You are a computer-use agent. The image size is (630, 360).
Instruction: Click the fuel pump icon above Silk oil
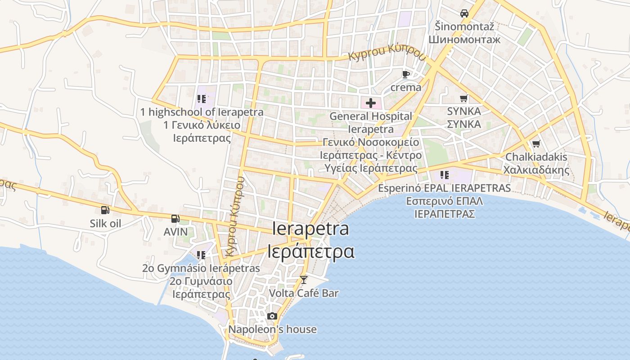click(x=105, y=210)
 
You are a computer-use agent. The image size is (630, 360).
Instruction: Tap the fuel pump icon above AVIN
click(x=175, y=219)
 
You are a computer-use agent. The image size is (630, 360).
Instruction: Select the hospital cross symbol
click(x=371, y=103)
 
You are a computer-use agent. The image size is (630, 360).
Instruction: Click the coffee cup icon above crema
click(x=406, y=74)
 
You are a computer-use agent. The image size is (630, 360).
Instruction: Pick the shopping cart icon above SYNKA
click(x=464, y=98)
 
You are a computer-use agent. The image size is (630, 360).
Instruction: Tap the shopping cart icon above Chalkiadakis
click(x=536, y=144)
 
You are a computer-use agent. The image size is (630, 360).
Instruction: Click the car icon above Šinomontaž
click(x=464, y=13)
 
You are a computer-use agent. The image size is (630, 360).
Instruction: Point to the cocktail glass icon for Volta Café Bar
click(x=304, y=280)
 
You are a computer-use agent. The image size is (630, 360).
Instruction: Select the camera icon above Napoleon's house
click(x=272, y=316)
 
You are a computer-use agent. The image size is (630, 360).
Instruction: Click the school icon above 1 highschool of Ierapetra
click(x=201, y=99)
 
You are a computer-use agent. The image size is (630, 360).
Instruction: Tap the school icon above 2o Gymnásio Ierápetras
click(x=201, y=255)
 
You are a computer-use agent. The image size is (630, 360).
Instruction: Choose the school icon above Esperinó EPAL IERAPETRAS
click(x=445, y=175)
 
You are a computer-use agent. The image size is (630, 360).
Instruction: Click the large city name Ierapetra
click(x=311, y=229)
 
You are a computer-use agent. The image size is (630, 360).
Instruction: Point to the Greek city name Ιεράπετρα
click(x=311, y=251)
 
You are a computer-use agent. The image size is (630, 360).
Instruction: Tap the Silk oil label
click(x=105, y=223)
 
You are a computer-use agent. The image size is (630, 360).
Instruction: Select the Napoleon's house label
click(x=272, y=329)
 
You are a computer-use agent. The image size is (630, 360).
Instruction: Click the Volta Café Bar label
click(x=304, y=293)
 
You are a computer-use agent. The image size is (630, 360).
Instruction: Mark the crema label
click(x=406, y=87)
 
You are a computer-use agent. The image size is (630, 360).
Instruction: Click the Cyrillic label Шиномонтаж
click(x=464, y=39)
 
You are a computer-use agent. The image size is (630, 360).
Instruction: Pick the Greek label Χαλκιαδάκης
click(x=536, y=170)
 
